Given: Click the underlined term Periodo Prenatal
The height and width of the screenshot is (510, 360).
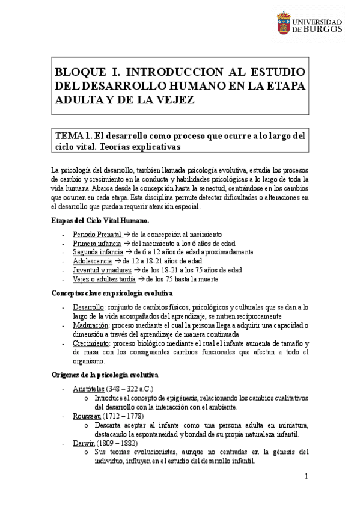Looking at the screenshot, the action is pyautogui.click(x=97, y=233).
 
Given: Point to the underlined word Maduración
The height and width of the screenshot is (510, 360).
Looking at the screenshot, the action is pyautogui.click(x=90, y=325).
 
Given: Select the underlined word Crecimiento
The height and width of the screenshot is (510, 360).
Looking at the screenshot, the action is pyautogui.click(x=91, y=343).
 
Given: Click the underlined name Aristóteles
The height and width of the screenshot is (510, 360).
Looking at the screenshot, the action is pyautogui.click(x=89, y=389).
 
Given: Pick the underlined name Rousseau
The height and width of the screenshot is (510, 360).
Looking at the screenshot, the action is pyautogui.click(x=86, y=416).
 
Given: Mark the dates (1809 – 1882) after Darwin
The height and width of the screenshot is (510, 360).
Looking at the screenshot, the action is pyautogui.click(x=119, y=443).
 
